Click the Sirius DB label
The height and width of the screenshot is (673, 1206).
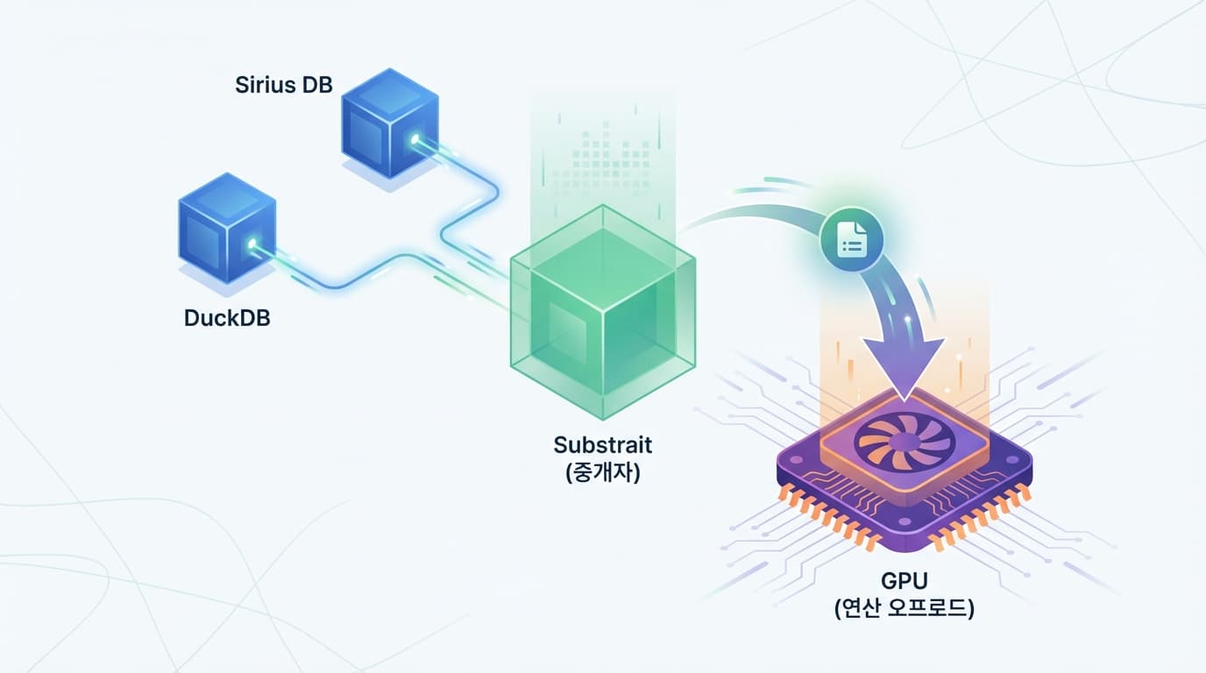pyautogui.click(x=284, y=85)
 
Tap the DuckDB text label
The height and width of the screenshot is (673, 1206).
pyautogui.click(x=227, y=317)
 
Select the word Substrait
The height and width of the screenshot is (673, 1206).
pyautogui.click(x=603, y=444)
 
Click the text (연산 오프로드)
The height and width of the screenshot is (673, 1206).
pyautogui.click(x=904, y=608)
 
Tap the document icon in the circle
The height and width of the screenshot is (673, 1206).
pyautogui.click(x=852, y=237)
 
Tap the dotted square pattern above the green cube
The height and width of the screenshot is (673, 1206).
pyautogui.click(x=603, y=162)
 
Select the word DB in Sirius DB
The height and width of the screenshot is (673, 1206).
pyautogui.click(x=316, y=85)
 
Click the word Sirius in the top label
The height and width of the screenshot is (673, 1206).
pyautogui.click(x=265, y=85)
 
